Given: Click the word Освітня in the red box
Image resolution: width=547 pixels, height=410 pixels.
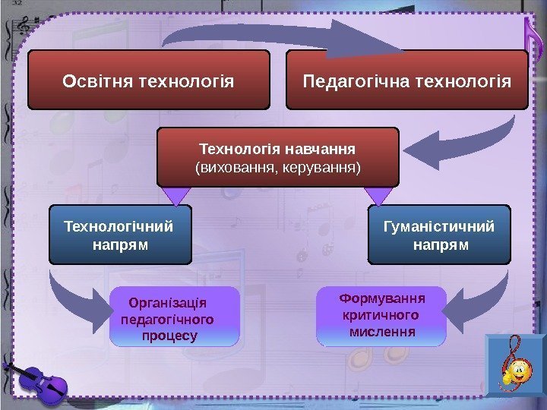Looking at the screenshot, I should click(97, 80).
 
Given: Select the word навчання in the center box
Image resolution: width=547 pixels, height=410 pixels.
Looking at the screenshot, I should click(324, 146).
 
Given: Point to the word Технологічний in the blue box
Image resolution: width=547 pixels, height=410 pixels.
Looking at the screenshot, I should click(119, 226).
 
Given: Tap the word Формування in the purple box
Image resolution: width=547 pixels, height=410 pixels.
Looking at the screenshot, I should click(381, 298).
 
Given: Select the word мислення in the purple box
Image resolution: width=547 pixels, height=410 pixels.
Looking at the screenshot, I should click(381, 332).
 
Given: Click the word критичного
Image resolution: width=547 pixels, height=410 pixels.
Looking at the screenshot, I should click(381, 314).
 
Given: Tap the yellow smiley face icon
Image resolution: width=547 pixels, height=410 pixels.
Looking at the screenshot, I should click(517, 373).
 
